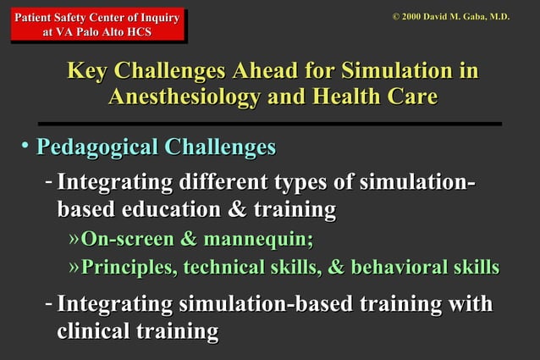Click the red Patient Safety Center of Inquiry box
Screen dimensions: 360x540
tap(96, 23)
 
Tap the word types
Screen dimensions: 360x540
tap(303, 184)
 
